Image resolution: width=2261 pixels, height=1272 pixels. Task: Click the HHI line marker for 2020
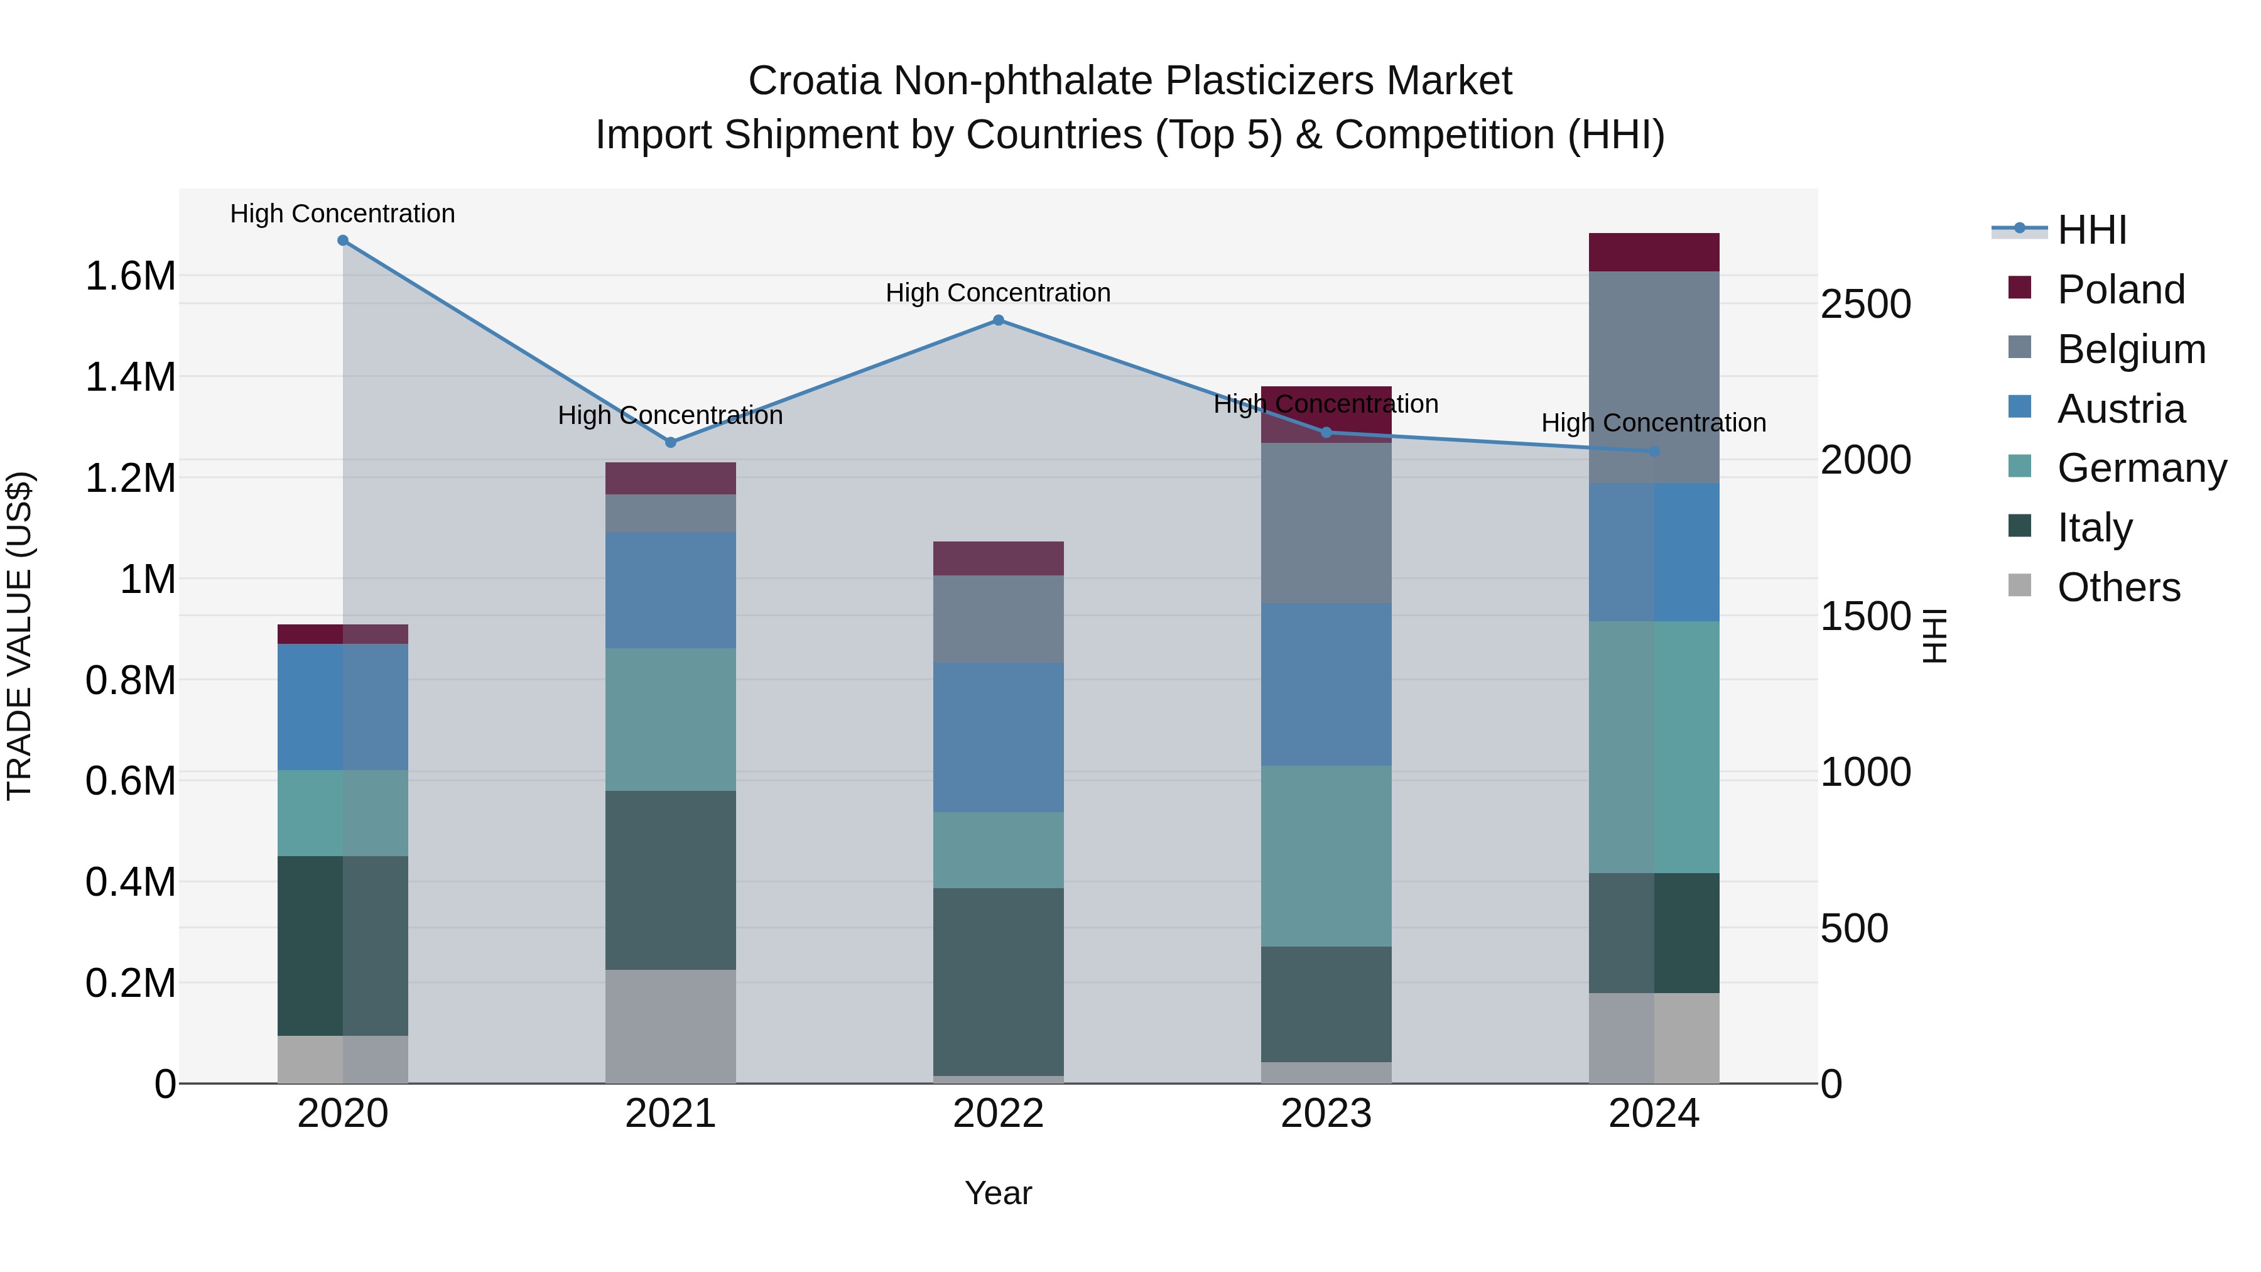pos(342,241)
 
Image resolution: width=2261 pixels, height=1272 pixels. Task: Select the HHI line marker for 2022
pos(998,320)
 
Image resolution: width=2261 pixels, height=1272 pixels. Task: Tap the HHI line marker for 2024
pos(1654,451)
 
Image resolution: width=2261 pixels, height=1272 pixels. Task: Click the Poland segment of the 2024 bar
pos(1654,252)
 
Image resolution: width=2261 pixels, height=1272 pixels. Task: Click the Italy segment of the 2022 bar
pos(998,981)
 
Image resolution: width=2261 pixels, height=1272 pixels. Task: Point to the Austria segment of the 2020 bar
pos(342,707)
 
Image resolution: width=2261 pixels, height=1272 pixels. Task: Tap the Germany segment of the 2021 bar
pos(671,719)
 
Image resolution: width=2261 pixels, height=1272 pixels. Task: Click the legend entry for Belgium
pos(2130,349)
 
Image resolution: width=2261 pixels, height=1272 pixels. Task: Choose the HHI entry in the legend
pos(2091,230)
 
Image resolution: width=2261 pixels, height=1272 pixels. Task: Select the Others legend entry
pos(2118,587)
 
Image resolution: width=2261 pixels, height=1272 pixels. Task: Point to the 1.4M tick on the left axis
pos(130,378)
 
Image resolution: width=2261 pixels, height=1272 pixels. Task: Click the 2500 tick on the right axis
pos(1865,305)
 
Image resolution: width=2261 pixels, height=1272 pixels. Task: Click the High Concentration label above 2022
pos(998,292)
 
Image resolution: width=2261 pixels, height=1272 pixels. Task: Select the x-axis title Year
pos(998,1193)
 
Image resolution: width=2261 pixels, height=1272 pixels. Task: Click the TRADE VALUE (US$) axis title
pos(19,636)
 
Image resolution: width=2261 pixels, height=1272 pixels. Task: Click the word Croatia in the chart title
pos(813,81)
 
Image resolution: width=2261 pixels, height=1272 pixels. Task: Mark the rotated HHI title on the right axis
pos(1934,636)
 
